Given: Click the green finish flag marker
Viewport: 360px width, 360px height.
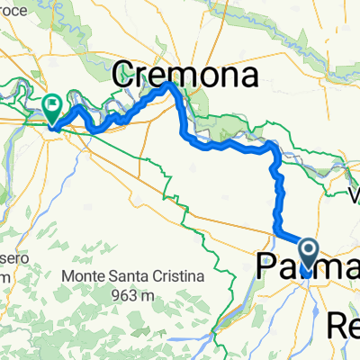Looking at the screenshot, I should (x=52, y=106).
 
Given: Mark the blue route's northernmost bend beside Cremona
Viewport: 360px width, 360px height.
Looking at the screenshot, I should (x=169, y=84).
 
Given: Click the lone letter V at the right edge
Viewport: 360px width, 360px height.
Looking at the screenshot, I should (x=354, y=193).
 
